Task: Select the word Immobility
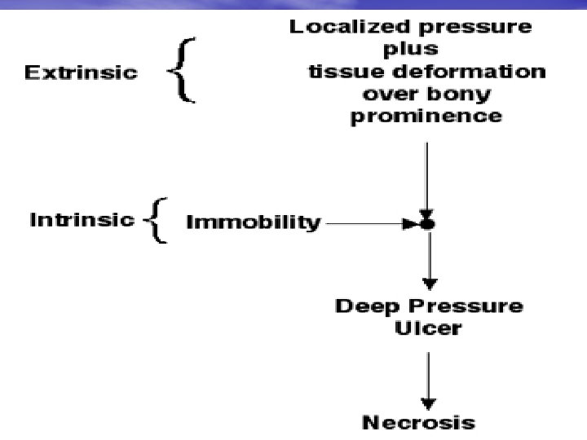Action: pyautogui.click(x=253, y=222)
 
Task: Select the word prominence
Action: pyautogui.click(x=426, y=117)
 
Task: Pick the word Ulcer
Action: pyautogui.click(x=427, y=329)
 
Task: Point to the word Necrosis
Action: pyautogui.click(x=418, y=423)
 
